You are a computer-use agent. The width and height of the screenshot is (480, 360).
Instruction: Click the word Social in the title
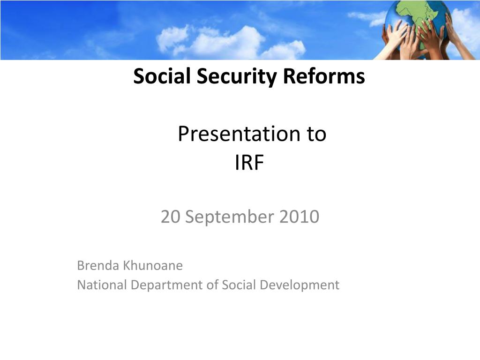(x=162, y=75)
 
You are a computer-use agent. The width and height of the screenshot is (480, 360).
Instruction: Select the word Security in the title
(x=236, y=76)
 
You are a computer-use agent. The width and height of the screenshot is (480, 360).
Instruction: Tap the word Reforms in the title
(x=324, y=75)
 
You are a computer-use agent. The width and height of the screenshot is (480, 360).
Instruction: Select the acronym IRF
(x=249, y=163)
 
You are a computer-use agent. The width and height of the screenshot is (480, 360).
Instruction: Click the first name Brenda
(x=98, y=265)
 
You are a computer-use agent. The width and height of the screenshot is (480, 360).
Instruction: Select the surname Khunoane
(x=152, y=265)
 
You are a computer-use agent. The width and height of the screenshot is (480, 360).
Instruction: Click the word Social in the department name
(x=239, y=285)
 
